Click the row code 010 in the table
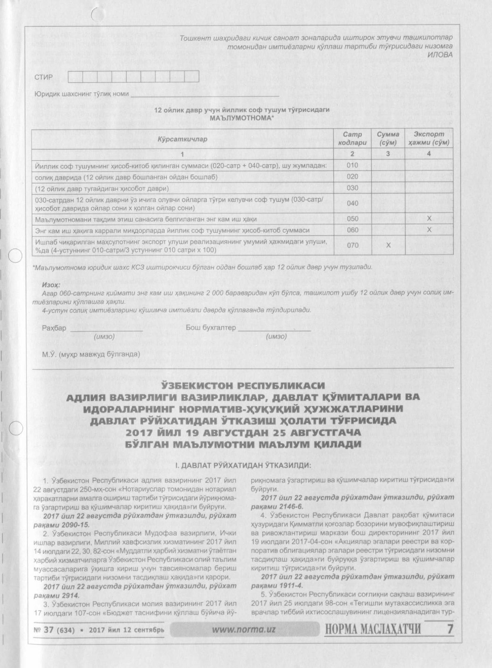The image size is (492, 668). (x=352, y=165)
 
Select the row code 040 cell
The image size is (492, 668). (x=352, y=203)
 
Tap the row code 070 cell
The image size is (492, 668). (x=352, y=245)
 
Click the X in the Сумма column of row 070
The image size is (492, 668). (x=388, y=245)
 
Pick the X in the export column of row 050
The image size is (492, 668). (x=429, y=219)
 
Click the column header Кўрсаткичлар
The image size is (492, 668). (x=182, y=139)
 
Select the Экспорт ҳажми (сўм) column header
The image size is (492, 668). (x=429, y=138)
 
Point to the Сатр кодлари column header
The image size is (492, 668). (x=352, y=138)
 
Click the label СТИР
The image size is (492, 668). (x=43, y=77)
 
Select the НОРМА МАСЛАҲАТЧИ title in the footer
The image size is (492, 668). (x=372, y=629)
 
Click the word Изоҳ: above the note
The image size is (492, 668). (x=51, y=284)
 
